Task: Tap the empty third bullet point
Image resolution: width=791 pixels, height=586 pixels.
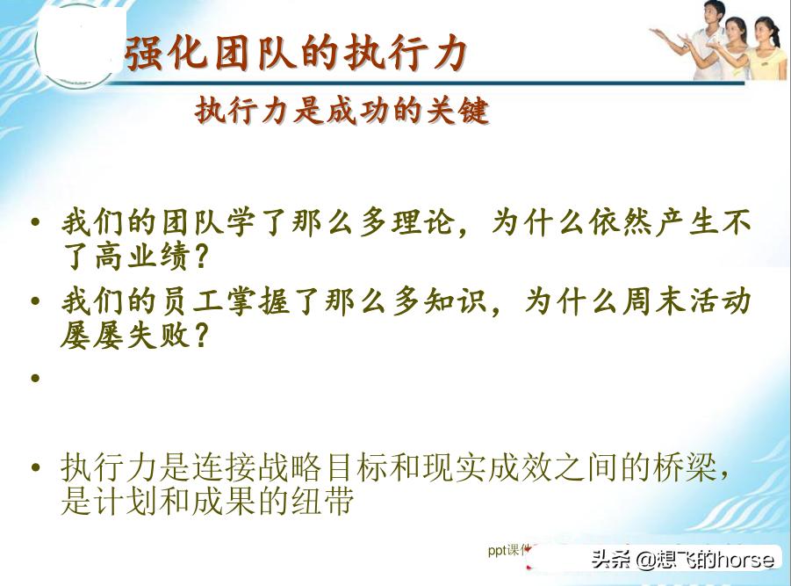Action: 36,379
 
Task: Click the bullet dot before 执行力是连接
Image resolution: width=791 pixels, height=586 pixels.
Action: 36,467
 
